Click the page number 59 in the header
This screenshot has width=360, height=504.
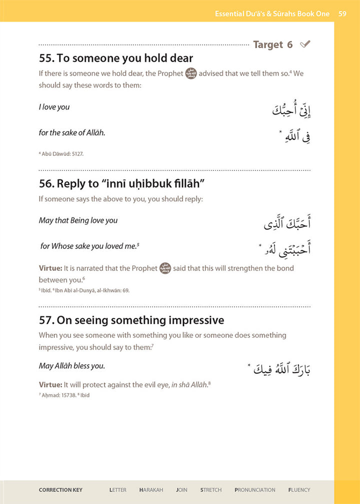pos(342,14)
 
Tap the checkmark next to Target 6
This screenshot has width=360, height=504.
pos(305,44)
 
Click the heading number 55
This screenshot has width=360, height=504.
pos(45,58)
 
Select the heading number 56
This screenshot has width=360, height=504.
pos(45,183)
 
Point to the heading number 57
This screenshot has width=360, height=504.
pos(45,319)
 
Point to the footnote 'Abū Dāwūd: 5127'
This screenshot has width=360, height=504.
pos(62,154)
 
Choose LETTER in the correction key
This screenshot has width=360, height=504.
pos(118,490)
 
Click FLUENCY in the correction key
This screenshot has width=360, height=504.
pos(299,490)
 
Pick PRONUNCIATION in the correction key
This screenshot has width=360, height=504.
pos(255,490)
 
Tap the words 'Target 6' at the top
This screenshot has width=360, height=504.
pos(273,44)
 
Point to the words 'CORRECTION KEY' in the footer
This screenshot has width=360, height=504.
pos(60,490)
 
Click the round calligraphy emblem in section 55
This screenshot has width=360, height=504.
pos(191,73)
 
